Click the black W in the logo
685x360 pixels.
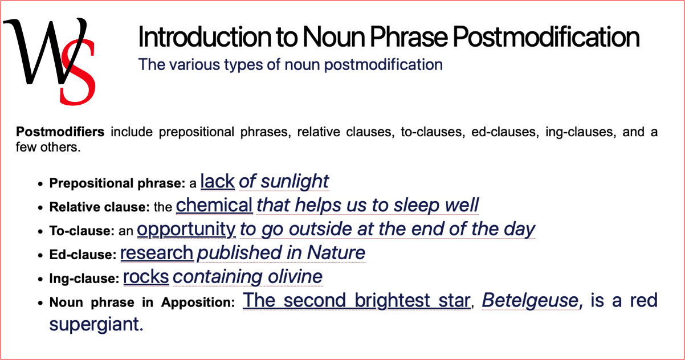(40, 51)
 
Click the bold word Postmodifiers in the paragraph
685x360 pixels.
(60, 133)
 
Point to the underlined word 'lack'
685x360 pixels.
(218, 182)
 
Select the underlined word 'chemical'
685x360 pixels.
(214, 205)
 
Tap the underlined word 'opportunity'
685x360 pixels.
(186, 229)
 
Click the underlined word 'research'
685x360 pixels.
(157, 252)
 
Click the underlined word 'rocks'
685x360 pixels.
(146, 277)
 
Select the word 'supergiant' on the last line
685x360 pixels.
(94, 325)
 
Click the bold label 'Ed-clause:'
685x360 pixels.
(83, 255)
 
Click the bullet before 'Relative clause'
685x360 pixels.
(40, 208)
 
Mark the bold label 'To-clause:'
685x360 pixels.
(82, 231)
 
